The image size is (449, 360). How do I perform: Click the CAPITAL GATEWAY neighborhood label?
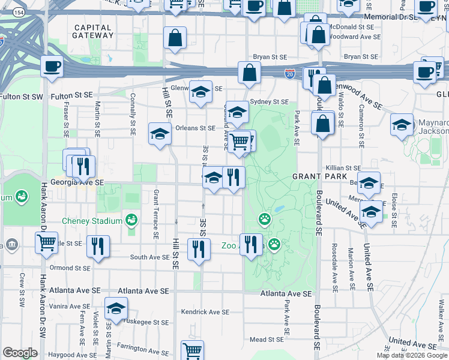pyautogui.click(x=92, y=31)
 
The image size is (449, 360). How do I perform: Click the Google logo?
pyautogui.click(x=20, y=352)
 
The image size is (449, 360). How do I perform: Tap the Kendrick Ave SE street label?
pyautogui.click(x=205, y=312)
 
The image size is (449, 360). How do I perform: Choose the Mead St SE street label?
pyautogui.click(x=266, y=340)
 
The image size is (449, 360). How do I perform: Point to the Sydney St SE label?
pyautogui.click(x=270, y=102)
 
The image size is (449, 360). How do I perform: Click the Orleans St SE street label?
pyautogui.click(x=195, y=128)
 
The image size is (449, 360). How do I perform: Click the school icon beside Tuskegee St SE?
pyautogui.click(x=116, y=310)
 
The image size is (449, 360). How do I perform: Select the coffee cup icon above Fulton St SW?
pyautogui.click(x=52, y=66)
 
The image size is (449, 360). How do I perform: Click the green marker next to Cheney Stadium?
pyautogui.click(x=131, y=221)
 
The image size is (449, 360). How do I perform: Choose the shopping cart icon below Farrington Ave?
pyautogui.click(x=193, y=351)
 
